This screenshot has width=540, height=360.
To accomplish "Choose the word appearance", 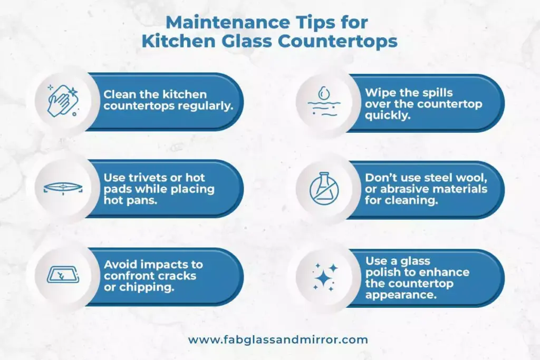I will [400, 295].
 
